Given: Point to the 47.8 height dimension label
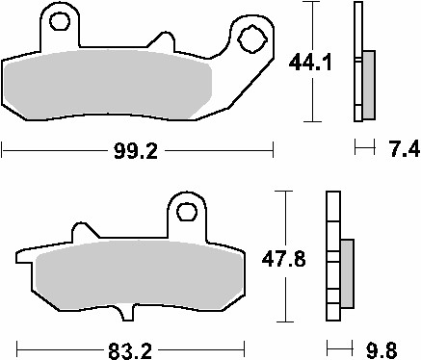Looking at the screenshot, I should (284, 259).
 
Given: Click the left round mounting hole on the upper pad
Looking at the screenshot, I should (60, 21).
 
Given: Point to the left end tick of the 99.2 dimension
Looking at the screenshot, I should (3, 150).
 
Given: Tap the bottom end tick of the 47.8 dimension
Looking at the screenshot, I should (282, 324).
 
